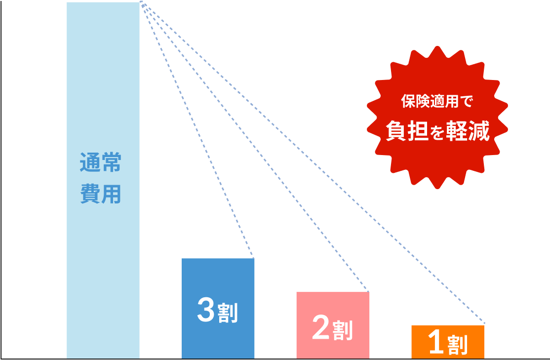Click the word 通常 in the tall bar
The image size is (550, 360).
click(x=101, y=163)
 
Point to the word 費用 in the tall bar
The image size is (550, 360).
click(x=101, y=194)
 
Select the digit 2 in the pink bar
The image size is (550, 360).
click(x=321, y=328)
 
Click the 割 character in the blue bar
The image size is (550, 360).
click(x=228, y=313)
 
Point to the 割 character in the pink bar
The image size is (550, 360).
click(x=343, y=330)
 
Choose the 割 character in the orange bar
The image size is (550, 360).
click(x=458, y=344)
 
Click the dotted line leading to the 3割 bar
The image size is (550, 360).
click(x=197, y=130)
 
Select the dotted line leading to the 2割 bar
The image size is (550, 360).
click(x=255, y=147)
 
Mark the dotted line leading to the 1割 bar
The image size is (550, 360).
click(x=313, y=163)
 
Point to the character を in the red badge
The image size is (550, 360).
click(x=437, y=133)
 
